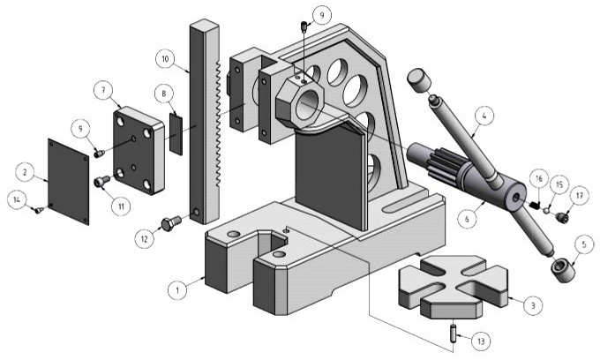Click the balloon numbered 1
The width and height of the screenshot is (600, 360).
click(178, 289)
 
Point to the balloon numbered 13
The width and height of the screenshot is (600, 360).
click(479, 340)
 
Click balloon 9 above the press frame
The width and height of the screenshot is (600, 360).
click(322, 14)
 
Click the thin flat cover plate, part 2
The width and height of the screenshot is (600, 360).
click(68, 181)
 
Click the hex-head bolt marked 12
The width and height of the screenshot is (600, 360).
click(170, 222)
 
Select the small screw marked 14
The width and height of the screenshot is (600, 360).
click(38, 210)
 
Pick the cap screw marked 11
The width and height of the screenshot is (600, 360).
click(101, 182)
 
